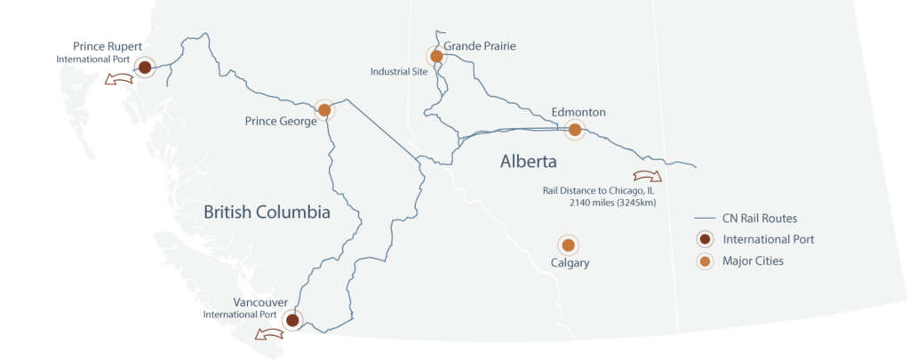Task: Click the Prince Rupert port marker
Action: pyautogui.click(x=145, y=67)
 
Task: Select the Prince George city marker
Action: pyautogui.click(x=324, y=110)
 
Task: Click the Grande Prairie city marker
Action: pyautogui.click(x=435, y=56)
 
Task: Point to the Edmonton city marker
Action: pyautogui.click(x=575, y=130)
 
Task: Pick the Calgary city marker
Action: pyautogui.click(x=568, y=244)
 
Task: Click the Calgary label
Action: pyautogui.click(x=570, y=264)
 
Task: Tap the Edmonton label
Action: pyautogui.click(x=579, y=113)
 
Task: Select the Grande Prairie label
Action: pyautogui.click(x=480, y=45)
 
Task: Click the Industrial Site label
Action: pyautogui.click(x=399, y=72)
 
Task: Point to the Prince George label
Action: pyautogui.click(x=281, y=122)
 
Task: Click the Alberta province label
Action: pyautogui.click(x=528, y=162)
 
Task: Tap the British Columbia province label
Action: pyautogui.click(x=267, y=212)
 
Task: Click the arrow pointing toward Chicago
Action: pyautogui.click(x=646, y=175)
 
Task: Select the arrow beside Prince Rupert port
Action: pyautogui.click(x=116, y=80)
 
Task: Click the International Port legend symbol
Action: pyautogui.click(x=704, y=239)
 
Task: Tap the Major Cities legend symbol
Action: pyautogui.click(x=704, y=260)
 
